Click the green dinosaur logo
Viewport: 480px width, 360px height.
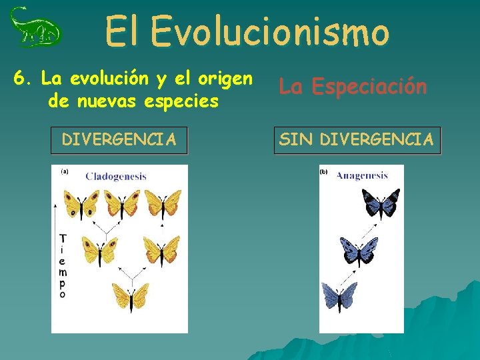click(35, 28)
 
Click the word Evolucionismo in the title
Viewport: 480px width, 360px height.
click(269, 31)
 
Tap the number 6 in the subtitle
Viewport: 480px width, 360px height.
click(19, 79)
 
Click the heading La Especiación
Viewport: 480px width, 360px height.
click(353, 87)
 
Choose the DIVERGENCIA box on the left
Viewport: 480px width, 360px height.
click(119, 140)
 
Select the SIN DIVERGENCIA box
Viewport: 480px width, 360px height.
click(357, 140)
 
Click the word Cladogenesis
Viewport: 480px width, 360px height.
click(115, 177)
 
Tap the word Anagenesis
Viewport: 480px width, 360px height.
click(362, 176)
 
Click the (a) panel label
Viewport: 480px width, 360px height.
click(65, 171)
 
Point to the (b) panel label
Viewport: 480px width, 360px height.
click(324, 171)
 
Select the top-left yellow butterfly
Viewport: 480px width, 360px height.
click(81, 203)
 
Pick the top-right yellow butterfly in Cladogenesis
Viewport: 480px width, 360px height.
click(163, 203)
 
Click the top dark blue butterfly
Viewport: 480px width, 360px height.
click(380, 203)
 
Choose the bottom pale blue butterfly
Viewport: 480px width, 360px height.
click(340, 296)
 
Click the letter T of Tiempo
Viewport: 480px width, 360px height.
click(63, 239)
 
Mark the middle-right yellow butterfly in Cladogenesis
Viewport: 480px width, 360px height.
click(161, 250)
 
